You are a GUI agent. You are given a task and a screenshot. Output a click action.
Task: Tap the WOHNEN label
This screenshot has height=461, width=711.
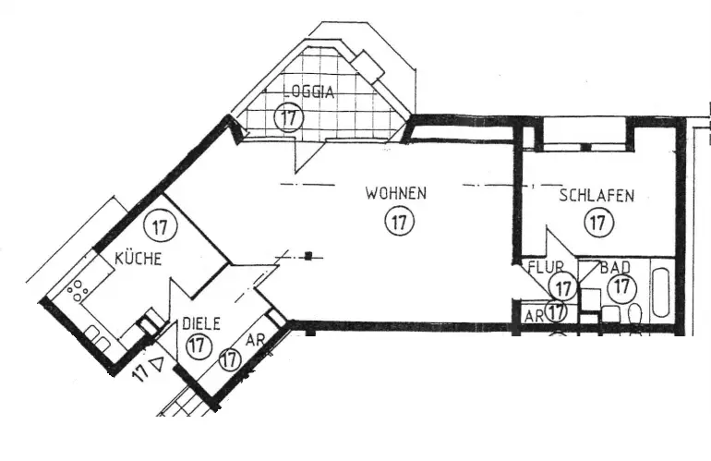point(395,194)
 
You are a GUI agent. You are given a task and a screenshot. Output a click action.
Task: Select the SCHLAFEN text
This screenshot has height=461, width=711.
point(597,196)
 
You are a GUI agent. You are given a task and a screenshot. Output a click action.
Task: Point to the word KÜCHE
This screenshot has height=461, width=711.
point(139,259)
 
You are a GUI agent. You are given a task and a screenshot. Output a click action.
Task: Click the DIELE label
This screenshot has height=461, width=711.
point(199,324)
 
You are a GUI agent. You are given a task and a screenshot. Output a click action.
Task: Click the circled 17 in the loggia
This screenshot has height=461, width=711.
point(289,117)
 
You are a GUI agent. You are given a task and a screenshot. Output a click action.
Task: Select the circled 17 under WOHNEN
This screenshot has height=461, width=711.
point(399,222)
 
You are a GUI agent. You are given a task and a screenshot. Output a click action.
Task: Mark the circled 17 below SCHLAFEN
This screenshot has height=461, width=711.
point(599,222)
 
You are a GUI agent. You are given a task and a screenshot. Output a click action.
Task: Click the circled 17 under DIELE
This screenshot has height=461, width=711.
point(197,346)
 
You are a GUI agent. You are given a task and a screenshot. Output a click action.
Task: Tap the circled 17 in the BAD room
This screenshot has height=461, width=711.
point(621,287)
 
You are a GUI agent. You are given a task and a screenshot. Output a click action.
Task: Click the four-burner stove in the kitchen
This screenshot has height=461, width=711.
point(76,289)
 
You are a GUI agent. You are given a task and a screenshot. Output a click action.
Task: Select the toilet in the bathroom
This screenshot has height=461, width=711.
point(635,319)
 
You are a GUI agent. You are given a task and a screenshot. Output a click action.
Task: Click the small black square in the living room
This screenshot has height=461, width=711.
point(312,256)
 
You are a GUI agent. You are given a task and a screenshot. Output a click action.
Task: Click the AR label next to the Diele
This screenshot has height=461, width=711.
point(256,341)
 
